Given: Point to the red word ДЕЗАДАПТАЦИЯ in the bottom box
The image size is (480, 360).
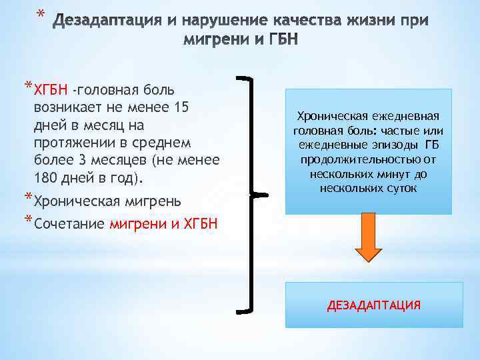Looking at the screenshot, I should tap(373, 305).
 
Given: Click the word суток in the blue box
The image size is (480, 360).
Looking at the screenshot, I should tap(401, 189).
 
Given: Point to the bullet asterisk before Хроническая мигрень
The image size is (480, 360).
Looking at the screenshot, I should tap(27, 198).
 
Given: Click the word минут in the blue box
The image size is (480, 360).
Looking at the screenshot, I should tap(394, 174).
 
